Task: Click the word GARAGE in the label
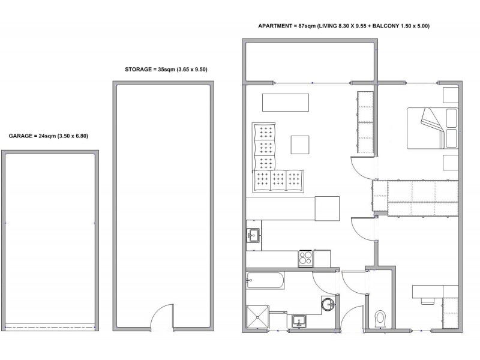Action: pyautogui.click(x=20, y=136)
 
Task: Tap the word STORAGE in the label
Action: pyautogui.click(x=139, y=70)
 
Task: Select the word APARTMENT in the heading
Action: pyautogui.click(x=275, y=26)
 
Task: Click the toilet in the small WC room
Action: pyautogui.click(x=380, y=319)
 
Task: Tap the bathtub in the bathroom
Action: pyautogui.click(x=265, y=280)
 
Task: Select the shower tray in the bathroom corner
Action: pyautogui.click(x=257, y=317)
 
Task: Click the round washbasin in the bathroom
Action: pyautogui.click(x=328, y=304)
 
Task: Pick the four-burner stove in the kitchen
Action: pyautogui.click(x=305, y=259)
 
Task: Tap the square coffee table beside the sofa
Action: pyautogui.click(x=299, y=145)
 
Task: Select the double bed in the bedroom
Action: pyautogui.click(x=432, y=128)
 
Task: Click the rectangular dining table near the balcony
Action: pyautogui.click(x=286, y=103)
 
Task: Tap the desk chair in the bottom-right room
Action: pyautogui.click(x=428, y=301)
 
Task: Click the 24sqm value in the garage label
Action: pyautogui.click(x=47, y=136)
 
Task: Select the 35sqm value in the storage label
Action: pyautogui.click(x=166, y=70)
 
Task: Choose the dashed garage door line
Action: pyautogui.click(x=50, y=327)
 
